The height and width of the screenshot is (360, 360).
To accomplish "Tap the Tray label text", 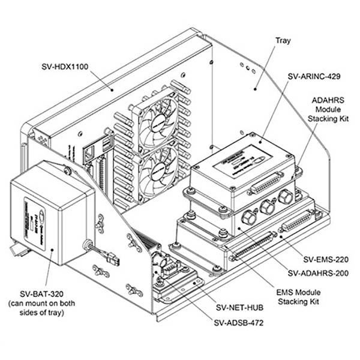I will click(x=283, y=41).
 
